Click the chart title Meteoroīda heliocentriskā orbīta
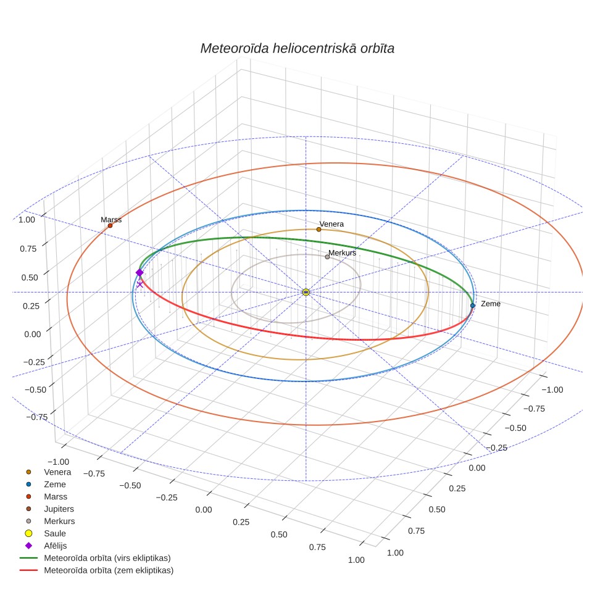(x=297, y=48)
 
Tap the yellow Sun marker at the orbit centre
(x=306, y=292)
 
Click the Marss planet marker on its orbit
(x=110, y=226)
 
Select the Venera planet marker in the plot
(x=318, y=230)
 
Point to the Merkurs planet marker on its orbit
(x=327, y=257)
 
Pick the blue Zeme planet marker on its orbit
(x=472, y=306)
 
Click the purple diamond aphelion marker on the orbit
(x=139, y=272)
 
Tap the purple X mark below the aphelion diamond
(x=140, y=284)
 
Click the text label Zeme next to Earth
(x=491, y=304)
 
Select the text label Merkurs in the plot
(x=343, y=252)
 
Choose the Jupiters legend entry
(x=48, y=509)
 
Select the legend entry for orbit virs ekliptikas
(x=95, y=558)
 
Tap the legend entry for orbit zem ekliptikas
(x=96, y=570)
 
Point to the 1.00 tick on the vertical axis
(x=27, y=220)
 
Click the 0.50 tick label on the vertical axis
(x=30, y=277)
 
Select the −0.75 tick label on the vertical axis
(x=37, y=417)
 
